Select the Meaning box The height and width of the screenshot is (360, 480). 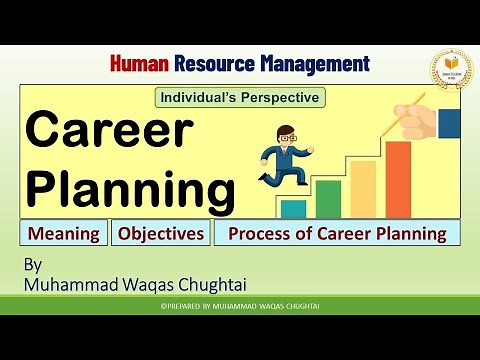[x=63, y=234]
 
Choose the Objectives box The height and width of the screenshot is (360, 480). [x=161, y=234]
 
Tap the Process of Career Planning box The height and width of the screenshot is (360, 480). [x=337, y=234]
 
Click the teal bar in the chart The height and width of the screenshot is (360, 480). [x=292, y=208]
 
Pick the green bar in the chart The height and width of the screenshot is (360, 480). [x=327, y=198]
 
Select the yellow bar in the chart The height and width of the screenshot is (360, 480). [x=362, y=189]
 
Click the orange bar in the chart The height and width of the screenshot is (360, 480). [x=398, y=179]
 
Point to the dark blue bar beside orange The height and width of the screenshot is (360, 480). [x=448, y=123]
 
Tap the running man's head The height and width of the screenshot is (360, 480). [x=287, y=137]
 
